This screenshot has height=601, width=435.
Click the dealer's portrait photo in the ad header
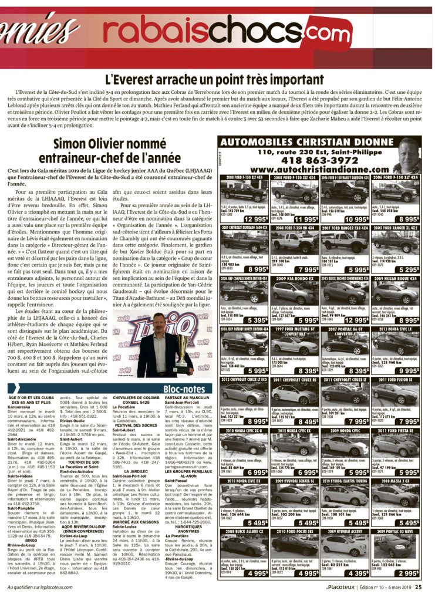(407, 156)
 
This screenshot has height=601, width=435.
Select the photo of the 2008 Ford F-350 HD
(295, 242)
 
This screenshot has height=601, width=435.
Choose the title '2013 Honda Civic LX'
(396, 329)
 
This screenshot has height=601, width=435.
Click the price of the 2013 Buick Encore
(358, 320)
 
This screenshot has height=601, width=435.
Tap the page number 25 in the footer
(418, 586)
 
